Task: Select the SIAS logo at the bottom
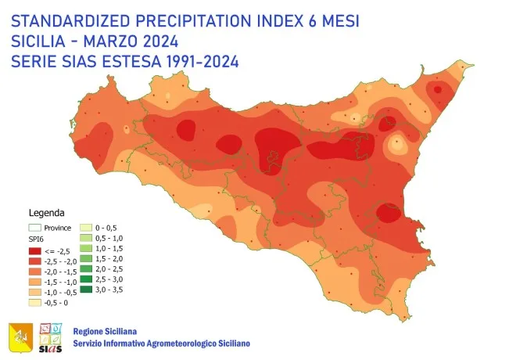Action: tap(48, 335)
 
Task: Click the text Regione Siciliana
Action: tap(105, 330)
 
